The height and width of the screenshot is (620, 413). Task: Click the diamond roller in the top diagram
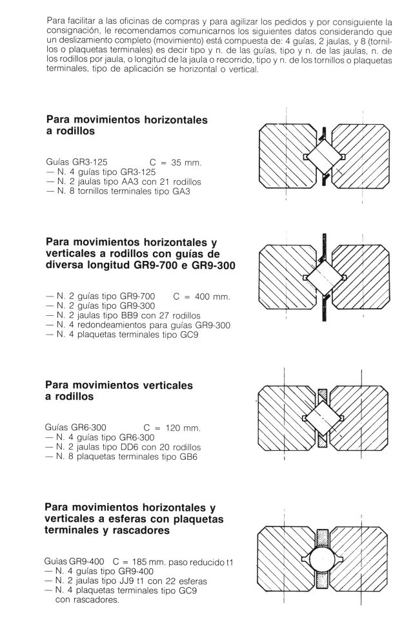point(325,156)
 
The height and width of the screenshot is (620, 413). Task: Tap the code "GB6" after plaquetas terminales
point(186,457)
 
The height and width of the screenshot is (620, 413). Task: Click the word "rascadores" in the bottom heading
point(141,531)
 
